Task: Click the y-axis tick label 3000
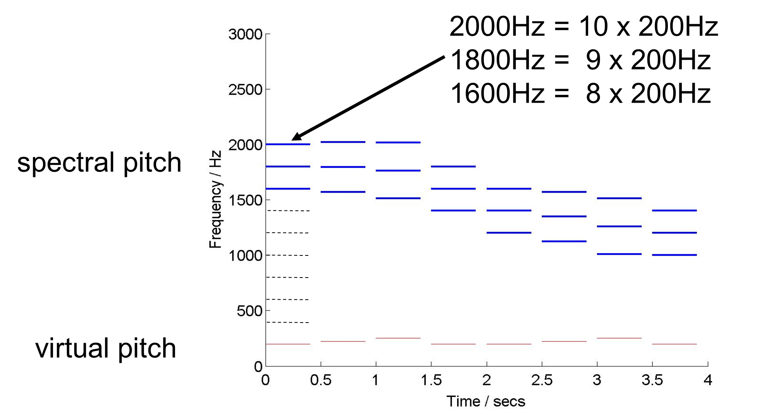(245, 35)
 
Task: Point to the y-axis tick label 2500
(245, 90)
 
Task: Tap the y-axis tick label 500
(249, 311)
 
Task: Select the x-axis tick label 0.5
(321, 380)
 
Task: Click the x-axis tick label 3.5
(652, 380)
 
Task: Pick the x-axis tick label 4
(708, 380)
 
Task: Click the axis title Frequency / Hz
(215, 199)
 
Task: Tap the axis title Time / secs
(486, 402)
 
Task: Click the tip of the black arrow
(293, 139)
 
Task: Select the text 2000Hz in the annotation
(497, 27)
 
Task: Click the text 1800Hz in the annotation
(497, 60)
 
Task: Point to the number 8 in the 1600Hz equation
(593, 94)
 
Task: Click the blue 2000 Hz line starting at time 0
(288, 144)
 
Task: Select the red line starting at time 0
(288, 344)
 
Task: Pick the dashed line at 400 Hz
(288, 323)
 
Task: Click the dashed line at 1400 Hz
(288, 211)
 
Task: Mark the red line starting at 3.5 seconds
(674, 344)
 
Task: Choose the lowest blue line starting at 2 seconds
(509, 233)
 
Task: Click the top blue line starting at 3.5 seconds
(674, 210)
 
